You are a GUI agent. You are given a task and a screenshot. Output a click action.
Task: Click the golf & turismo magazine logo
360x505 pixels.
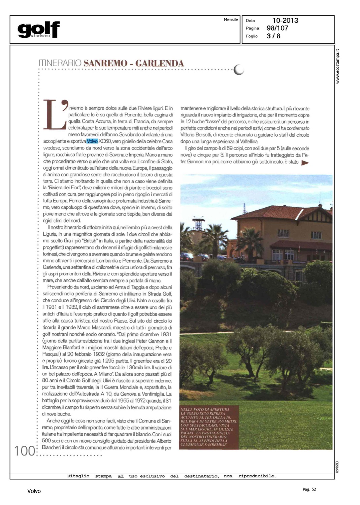pos(39,30)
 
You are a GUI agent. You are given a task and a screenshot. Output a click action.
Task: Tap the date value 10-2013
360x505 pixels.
pos(285,21)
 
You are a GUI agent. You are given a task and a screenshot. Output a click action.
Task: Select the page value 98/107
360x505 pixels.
pos(277,28)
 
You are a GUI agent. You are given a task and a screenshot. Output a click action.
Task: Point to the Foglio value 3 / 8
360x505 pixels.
pos(273,36)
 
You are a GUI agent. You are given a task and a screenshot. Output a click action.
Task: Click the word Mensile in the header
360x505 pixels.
pos(231,20)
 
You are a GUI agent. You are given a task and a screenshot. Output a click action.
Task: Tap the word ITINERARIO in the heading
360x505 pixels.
pos(60,63)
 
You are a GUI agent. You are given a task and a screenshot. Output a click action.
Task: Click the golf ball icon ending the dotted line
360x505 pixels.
pos(239,69)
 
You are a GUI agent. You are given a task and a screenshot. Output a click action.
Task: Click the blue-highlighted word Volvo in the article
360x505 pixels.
pos(92,141)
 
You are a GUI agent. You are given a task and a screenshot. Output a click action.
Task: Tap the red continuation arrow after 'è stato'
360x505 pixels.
pos(305,163)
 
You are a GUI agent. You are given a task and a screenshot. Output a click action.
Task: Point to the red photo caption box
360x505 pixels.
pos(209,427)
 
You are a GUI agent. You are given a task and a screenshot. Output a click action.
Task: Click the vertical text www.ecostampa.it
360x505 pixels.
pos(338,66)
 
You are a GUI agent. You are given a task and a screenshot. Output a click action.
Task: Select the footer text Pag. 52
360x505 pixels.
pos(309,489)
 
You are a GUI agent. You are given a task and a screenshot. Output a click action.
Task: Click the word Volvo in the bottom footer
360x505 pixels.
pos(34,491)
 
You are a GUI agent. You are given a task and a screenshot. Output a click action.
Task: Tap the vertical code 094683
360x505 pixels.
pos(337,467)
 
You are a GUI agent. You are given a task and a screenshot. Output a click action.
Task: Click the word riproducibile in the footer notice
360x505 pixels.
pos(257,476)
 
